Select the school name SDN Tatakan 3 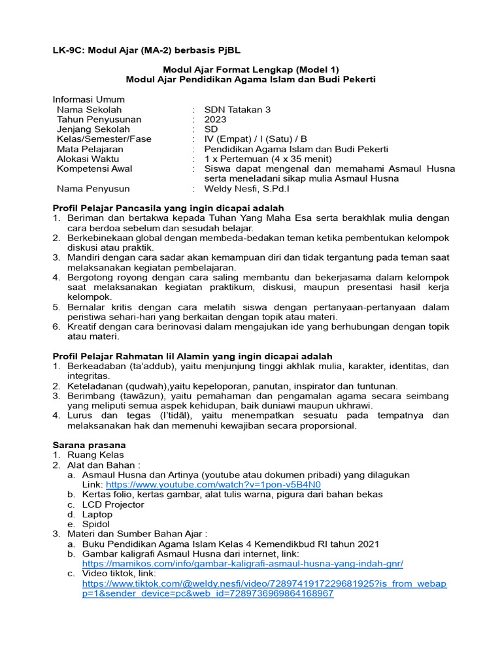coord(237,110)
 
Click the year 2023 coord(215,120)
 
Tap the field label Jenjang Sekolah coord(93,129)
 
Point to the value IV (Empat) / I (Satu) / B coord(255,139)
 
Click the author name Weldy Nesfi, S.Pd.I coord(247,189)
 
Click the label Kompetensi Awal coord(94,169)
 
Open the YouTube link coord(213,485)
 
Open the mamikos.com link coord(243,563)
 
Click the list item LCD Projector coord(113,504)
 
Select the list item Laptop coord(97,514)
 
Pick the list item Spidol coord(96,524)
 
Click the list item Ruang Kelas coord(95,455)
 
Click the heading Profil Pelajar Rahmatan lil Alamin coord(192,356)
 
